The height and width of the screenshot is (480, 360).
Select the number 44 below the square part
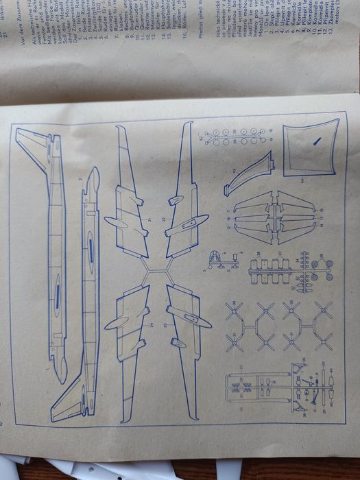[300, 180]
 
